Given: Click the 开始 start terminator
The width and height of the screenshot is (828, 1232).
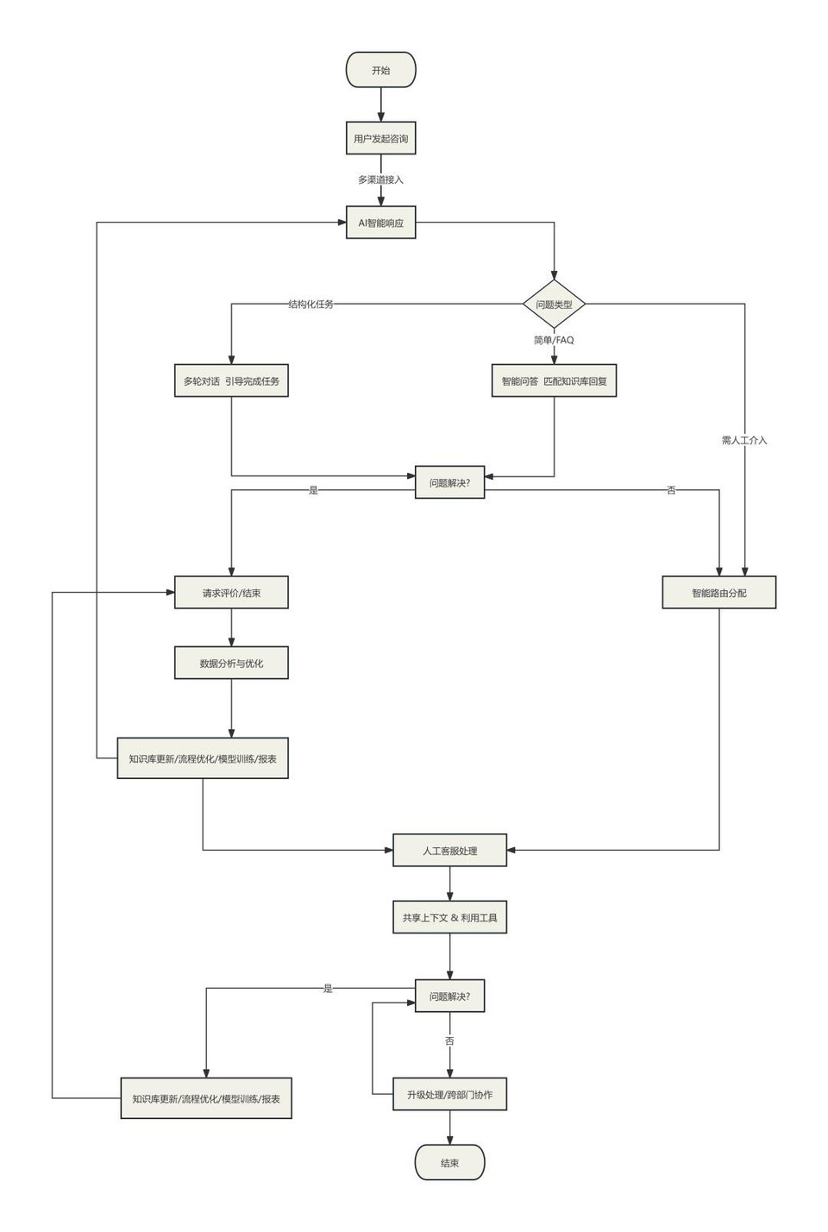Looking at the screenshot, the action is pyautogui.click(x=380, y=70).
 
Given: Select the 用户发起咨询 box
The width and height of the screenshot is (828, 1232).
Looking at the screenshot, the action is pyautogui.click(x=380, y=138).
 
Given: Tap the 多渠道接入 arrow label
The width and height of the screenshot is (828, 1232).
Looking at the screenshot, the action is pyautogui.click(x=380, y=179).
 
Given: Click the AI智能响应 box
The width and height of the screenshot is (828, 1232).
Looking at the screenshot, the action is pyautogui.click(x=380, y=223).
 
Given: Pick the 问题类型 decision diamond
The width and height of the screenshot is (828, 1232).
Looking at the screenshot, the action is pyautogui.click(x=554, y=305).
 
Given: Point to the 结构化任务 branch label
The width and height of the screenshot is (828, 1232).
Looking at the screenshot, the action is pyautogui.click(x=310, y=305).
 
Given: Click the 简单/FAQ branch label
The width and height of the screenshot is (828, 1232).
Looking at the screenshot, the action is pyautogui.click(x=554, y=340).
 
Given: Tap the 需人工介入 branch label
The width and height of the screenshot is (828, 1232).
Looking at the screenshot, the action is pyautogui.click(x=743, y=440).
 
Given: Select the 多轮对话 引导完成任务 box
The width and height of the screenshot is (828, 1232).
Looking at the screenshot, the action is pyautogui.click(x=231, y=380).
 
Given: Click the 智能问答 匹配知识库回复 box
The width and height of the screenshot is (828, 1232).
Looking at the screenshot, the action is pyautogui.click(x=554, y=380).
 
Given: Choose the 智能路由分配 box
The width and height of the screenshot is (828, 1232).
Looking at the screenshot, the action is pyautogui.click(x=718, y=593).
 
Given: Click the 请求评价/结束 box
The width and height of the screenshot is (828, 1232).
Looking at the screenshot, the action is pyautogui.click(x=231, y=593).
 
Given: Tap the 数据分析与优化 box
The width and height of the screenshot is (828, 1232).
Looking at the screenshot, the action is pyautogui.click(x=231, y=663).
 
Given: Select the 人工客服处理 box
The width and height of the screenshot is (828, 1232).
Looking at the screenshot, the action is pyautogui.click(x=449, y=851).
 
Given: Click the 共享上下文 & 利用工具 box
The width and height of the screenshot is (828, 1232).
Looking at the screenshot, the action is pyautogui.click(x=449, y=917).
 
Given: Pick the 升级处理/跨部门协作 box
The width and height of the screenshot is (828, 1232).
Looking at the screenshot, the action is pyautogui.click(x=449, y=1094).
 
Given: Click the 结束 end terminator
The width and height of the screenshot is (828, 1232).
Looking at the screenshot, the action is pyautogui.click(x=449, y=1162).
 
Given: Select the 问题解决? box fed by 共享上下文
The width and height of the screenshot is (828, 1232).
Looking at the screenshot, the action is pyautogui.click(x=449, y=996).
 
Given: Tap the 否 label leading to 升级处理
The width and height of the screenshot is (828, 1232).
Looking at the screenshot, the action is pyautogui.click(x=449, y=1040).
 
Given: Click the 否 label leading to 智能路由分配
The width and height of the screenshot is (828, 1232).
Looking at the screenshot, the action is pyautogui.click(x=671, y=490).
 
